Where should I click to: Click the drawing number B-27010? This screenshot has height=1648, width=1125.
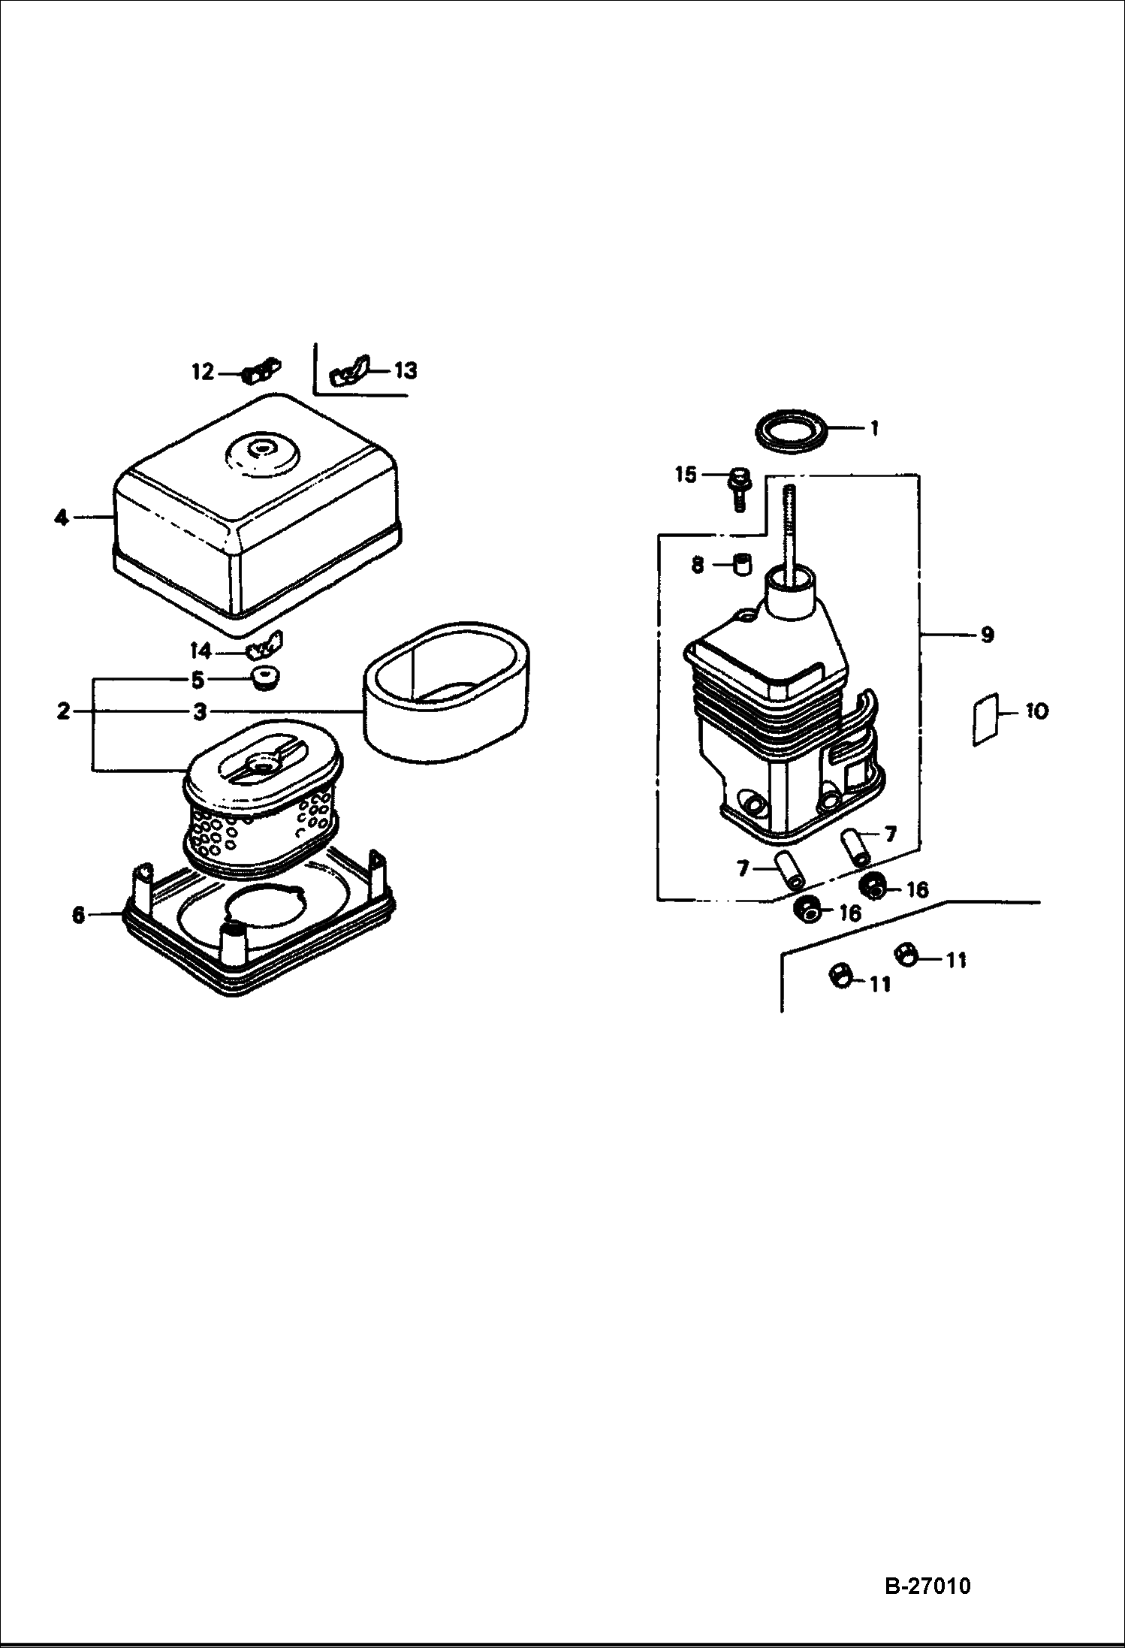928,1586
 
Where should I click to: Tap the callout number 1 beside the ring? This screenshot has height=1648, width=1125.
873,428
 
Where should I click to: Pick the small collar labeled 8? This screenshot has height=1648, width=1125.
742,563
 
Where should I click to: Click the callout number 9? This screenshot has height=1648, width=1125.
987,635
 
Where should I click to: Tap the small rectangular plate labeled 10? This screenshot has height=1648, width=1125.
984,720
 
